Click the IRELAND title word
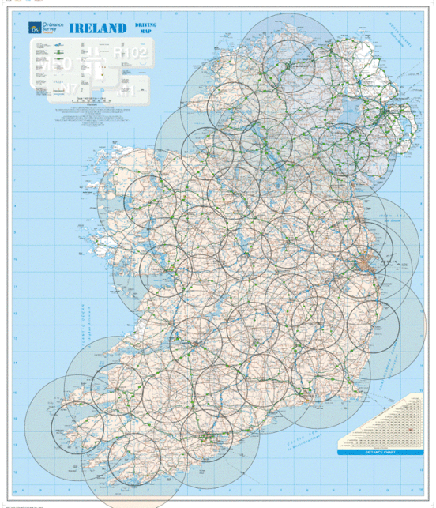[98, 28]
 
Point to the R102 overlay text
[131, 53]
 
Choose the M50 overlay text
[57, 61]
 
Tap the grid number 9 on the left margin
[14, 233]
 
